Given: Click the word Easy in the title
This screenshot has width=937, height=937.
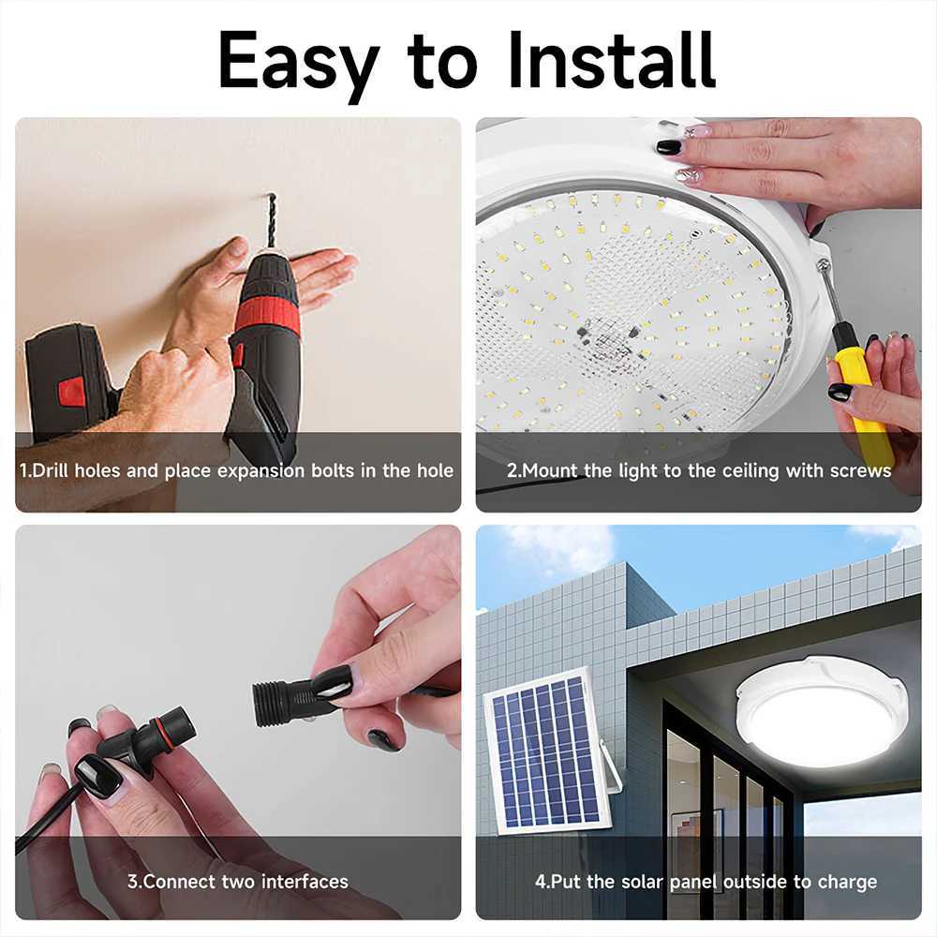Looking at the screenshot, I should coord(298,61).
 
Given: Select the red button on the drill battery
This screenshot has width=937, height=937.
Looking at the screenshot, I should coord(71,391).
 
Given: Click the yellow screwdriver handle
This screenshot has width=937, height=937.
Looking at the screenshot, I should coord(862,394).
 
